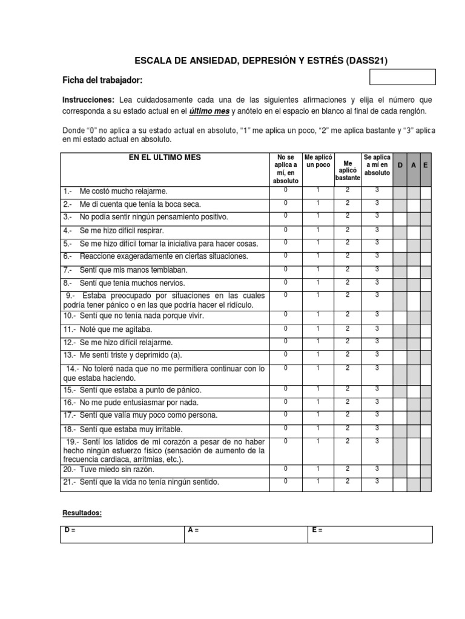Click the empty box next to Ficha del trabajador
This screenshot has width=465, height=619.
pos(402,77)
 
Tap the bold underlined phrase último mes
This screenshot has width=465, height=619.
pos(209,111)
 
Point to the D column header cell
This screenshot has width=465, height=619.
pos(400,166)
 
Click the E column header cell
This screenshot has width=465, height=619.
pos(426,166)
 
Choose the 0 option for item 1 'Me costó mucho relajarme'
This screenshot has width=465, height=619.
pos(286,190)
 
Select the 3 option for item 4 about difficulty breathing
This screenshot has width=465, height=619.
pos(377,229)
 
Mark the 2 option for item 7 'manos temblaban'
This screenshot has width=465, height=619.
pos(348,269)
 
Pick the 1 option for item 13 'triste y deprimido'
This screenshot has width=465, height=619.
pos(318,354)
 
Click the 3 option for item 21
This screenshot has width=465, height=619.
pos(377,481)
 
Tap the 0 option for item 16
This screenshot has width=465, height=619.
pos(286,401)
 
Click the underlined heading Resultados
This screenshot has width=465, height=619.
pos(82,513)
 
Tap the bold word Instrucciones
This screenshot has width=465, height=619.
pos(88,99)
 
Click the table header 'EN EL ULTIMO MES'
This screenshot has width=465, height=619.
pos(164,158)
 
